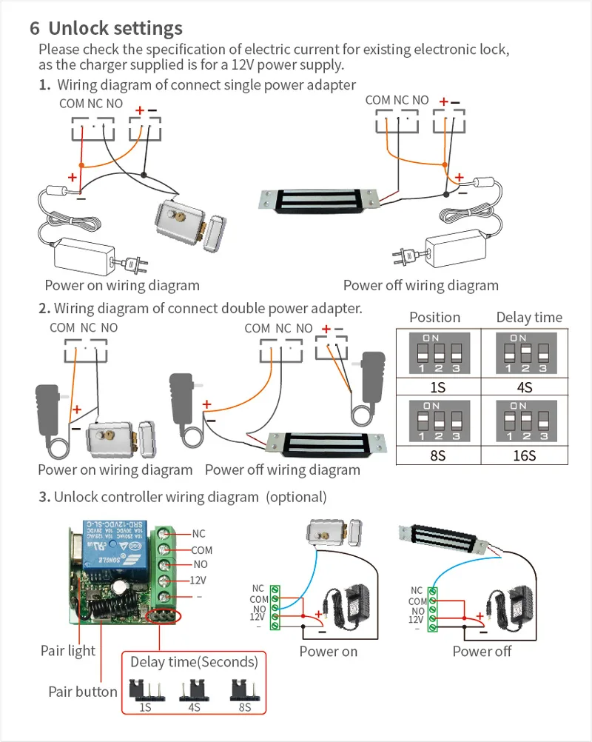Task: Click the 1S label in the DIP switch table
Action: click(x=437, y=387)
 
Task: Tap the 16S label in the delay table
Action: click(x=524, y=455)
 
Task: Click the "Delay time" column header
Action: click(x=529, y=317)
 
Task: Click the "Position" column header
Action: click(x=434, y=317)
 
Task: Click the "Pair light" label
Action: click(x=67, y=651)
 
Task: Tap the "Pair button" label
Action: click(x=82, y=692)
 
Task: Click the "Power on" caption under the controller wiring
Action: click(x=328, y=652)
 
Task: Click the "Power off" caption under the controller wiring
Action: click(x=482, y=652)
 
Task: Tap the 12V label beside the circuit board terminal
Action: click(x=198, y=581)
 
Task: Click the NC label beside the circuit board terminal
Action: click(x=198, y=533)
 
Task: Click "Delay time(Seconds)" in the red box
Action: click(x=194, y=661)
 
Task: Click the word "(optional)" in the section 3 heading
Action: click(x=296, y=497)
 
